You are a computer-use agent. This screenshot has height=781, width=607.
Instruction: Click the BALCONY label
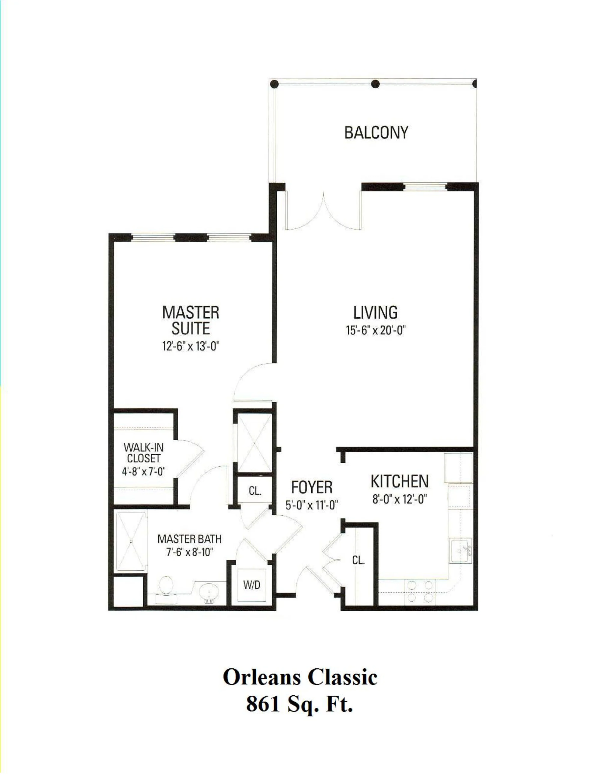coord(376,133)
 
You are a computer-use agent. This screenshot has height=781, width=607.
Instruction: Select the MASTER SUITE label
coord(191,321)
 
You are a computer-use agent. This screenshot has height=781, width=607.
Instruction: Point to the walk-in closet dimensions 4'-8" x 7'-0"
coord(143,472)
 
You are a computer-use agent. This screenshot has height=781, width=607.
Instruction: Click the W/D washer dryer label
coord(252,585)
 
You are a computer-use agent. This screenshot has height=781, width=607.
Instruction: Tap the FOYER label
coord(312,488)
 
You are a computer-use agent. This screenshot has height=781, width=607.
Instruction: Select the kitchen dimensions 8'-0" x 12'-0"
coord(400,499)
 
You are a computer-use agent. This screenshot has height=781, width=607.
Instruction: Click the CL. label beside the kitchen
coord(358,560)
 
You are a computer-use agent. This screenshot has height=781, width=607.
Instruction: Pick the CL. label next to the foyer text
coord(255,491)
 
